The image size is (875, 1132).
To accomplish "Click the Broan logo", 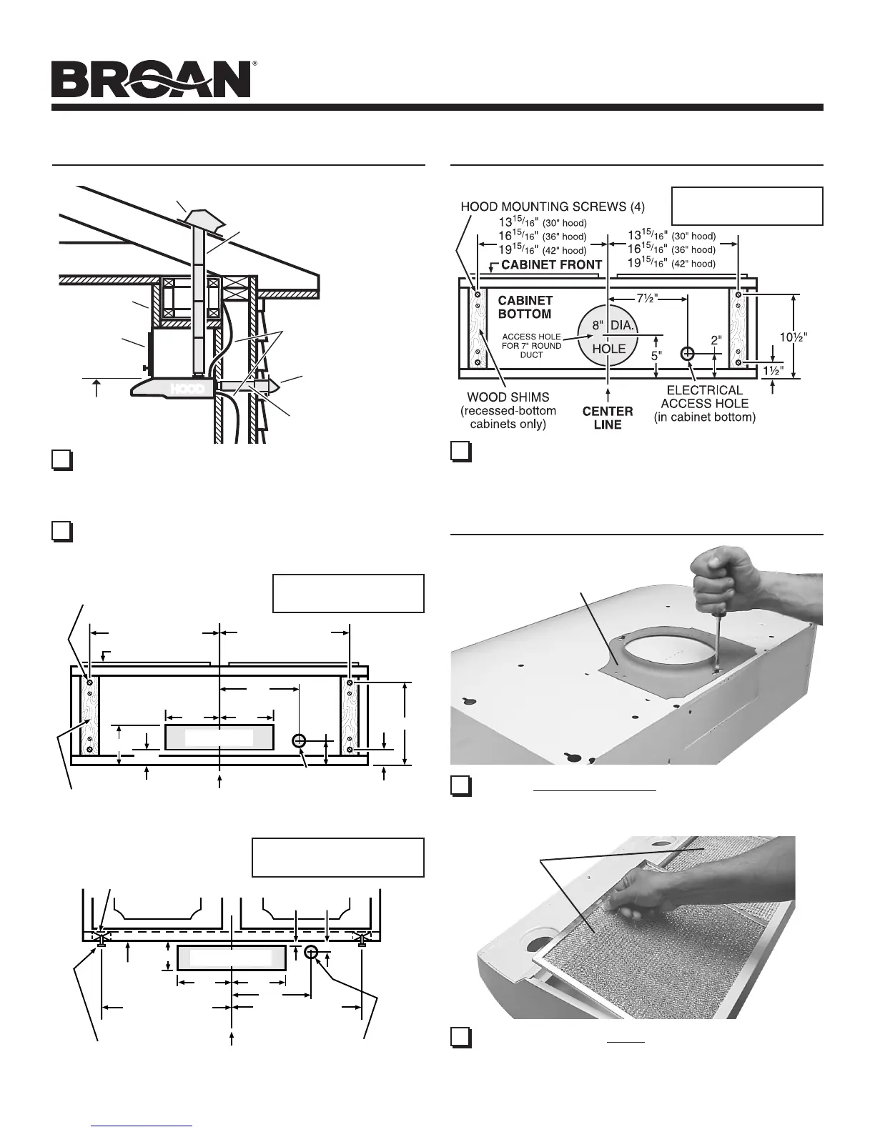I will click(152, 79).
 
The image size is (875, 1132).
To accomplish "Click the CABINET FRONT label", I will click(552, 264).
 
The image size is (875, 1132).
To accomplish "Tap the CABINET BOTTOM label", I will click(525, 307).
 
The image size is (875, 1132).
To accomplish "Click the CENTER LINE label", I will click(608, 417).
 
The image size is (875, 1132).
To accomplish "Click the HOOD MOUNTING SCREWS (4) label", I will click(553, 207).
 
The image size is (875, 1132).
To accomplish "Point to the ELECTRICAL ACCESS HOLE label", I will click(704, 403).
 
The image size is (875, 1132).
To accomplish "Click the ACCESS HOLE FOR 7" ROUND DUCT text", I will click(531, 345).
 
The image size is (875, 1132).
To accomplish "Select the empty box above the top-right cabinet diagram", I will click(747, 206).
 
